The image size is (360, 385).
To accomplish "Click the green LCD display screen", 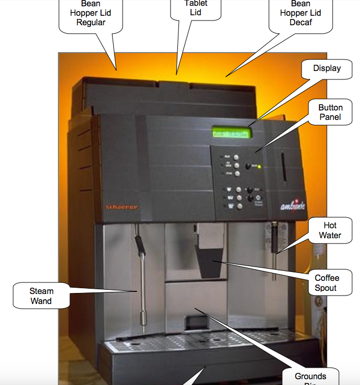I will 232,133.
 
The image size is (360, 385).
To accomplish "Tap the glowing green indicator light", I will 259,167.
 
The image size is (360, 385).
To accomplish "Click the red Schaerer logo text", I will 122,207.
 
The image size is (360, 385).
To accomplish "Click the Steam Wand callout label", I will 41,296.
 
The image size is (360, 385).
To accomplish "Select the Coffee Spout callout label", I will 327,283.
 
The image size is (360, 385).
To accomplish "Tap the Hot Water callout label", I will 330,230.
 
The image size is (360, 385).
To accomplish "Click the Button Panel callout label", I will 330,112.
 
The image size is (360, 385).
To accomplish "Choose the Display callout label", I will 327,68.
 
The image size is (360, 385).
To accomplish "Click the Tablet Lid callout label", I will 195,8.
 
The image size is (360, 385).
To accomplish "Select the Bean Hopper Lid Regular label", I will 91,14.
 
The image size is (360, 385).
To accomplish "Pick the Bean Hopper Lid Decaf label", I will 301,14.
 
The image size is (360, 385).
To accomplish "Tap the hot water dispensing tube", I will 274,252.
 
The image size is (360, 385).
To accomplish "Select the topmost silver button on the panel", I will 236,157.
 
